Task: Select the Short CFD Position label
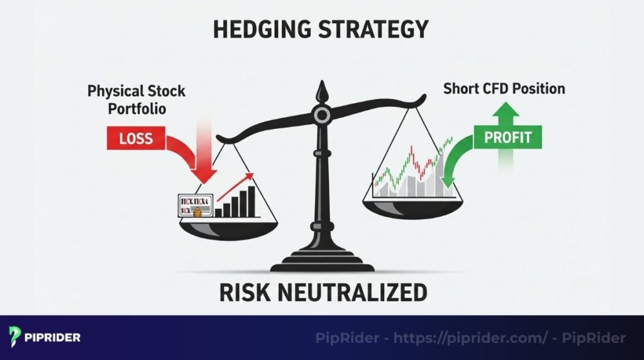click(x=504, y=88)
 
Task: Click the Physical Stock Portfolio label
click(x=136, y=99)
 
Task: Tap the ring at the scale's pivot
click(x=322, y=115)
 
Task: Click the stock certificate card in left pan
click(x=196, y=206)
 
